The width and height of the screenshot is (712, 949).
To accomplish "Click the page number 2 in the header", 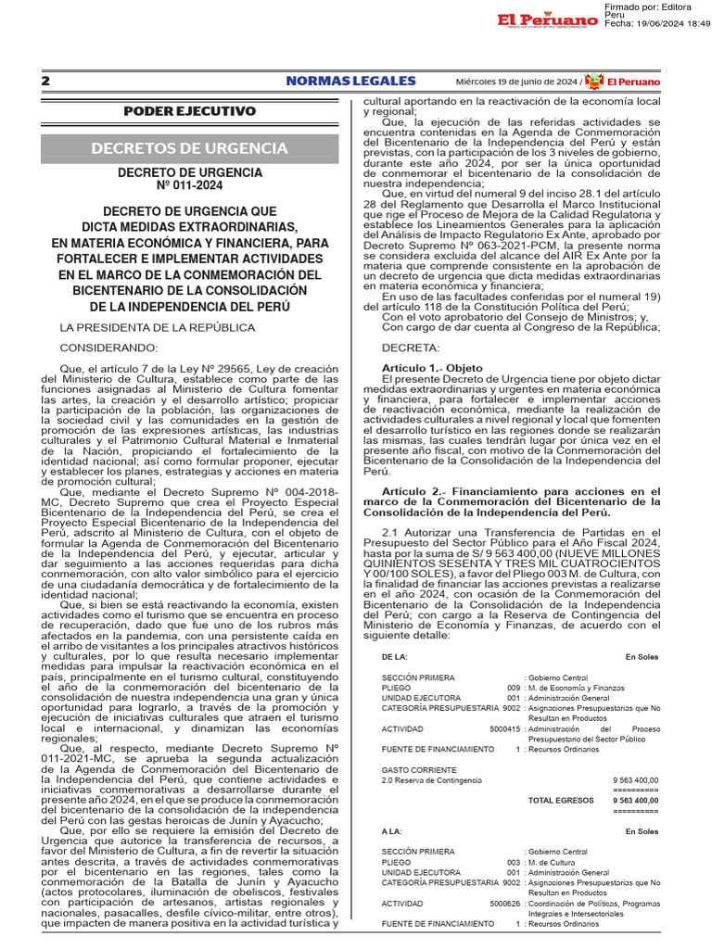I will [45, 82].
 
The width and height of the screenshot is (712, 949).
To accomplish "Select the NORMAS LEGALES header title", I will [350, 82].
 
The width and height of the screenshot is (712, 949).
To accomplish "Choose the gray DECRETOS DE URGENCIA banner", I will [189, 148].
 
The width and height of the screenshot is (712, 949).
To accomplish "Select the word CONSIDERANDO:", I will [109, 348].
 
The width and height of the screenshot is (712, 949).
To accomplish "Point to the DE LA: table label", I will [395, 656].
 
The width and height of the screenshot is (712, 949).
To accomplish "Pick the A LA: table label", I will [393, 831].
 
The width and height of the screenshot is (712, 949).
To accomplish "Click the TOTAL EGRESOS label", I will [559, 800].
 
